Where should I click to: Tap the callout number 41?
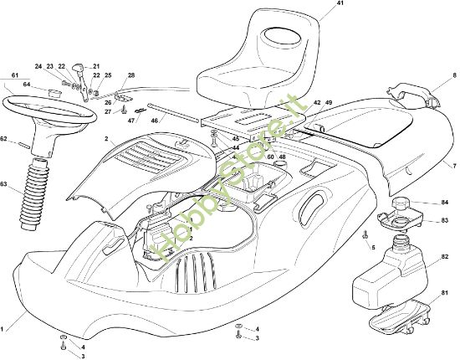tap(317, 5)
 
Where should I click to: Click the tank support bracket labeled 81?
tap(401, 316)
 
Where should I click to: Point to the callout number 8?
tap(454, 75)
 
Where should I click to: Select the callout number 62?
tap(4, 138)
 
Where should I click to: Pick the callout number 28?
tap(130, 76)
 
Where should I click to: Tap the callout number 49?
tap(329, 103)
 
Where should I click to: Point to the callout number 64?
tap(28, 83)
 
